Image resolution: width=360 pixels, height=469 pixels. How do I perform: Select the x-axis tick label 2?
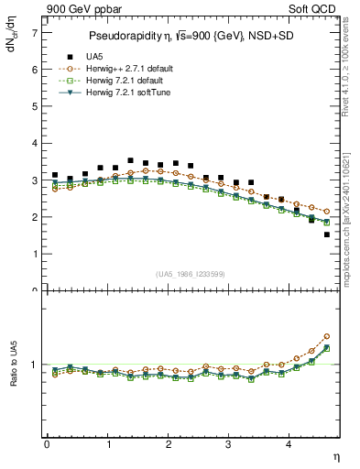click(169, 443)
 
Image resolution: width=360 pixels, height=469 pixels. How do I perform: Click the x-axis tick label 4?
click(289, 443)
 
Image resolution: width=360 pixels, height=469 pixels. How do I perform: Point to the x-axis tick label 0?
click(47, 443)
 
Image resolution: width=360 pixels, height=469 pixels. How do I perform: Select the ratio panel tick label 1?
click(35, 365)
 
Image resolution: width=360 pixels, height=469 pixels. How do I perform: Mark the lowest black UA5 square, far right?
click(327, 234)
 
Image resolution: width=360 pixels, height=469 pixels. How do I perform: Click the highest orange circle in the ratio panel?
click(327, 336)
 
